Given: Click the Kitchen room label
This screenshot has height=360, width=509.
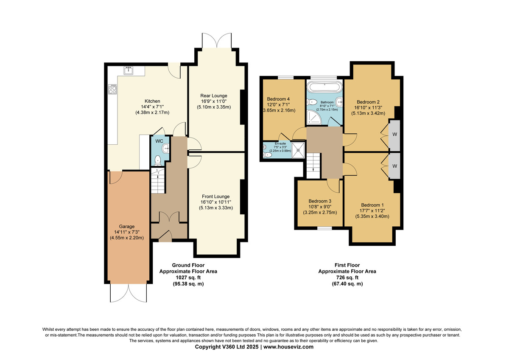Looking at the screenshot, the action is click(152, 101).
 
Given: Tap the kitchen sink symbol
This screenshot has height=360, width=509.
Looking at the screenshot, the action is click(129, 70).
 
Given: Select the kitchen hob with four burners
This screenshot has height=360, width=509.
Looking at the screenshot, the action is click(112, 89).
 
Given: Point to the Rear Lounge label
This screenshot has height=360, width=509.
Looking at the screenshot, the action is click(214, 96).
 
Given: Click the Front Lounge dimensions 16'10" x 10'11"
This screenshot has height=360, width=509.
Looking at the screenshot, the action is click(215, 202).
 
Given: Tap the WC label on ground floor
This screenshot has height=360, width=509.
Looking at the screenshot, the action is click(159, 141).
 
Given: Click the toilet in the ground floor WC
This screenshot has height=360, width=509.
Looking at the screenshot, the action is click(157, 160).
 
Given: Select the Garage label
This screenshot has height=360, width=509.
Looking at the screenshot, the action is click(126, 227).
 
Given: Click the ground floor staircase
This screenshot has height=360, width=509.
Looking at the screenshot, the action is click(158, 181).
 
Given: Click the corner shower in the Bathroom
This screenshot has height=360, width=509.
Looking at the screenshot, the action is click(314, 117).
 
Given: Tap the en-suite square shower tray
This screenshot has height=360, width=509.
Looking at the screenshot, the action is click(298, 150).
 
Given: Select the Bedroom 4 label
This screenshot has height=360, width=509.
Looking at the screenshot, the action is click(278, 99).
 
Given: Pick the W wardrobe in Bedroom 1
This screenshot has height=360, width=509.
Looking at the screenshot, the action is click(394, 166).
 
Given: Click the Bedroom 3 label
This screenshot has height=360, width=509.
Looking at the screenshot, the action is click(320, 201).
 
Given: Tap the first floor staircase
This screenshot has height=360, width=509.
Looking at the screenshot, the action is click(313, 165).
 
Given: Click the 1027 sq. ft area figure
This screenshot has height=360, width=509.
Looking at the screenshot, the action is click(188, 278).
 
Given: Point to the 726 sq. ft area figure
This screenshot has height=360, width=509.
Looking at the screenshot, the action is click(347, 278).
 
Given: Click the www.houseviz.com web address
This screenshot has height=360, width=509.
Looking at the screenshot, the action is click(288, 347).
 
